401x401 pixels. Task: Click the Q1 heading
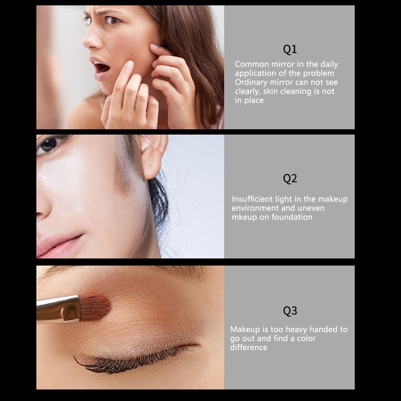click(x=290, y=49)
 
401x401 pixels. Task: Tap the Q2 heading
click(x=290, y=179)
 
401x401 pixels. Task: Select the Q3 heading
click(x=290, y=311)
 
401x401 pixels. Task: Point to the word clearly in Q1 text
click(x=247, y=91)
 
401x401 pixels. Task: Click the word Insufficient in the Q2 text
click(x=252, y=199)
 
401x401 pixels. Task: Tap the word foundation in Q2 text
click(x=292, y=217)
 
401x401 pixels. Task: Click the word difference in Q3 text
click(x=248, y=347)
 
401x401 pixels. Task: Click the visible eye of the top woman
click(x=112, y=21)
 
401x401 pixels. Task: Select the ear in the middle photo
click(x=153, y=157)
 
